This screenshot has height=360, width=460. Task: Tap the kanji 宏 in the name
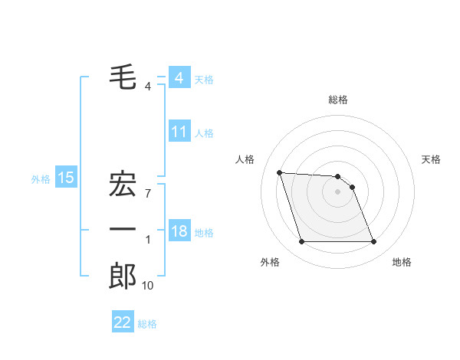(x=123, y=185)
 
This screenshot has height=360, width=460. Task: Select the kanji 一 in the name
(x=123, y=230)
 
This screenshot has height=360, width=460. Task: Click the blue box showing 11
(x=179, y=132)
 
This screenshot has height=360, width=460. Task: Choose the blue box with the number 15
(x=65, y=178)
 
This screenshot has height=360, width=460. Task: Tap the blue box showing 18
(x=179, y=231)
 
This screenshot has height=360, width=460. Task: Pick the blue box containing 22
(x=123, y=322)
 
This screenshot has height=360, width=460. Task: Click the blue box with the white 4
(x=179, y=78)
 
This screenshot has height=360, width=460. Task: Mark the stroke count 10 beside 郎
(x=147, y=286)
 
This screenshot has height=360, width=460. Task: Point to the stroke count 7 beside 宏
(x=147, y=193)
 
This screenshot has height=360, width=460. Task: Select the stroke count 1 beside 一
(x=147, y=240)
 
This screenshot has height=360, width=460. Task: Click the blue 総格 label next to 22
(x=147, y=323)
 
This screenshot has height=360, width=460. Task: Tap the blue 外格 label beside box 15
(x=41, y=179)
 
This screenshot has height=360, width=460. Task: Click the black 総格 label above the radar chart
(x=337, y=100)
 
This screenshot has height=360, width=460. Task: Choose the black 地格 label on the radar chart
(x=402, y=263)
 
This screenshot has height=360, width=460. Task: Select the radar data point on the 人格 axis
(x=279, y=172)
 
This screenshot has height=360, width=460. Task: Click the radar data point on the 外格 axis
(x=301, y=242)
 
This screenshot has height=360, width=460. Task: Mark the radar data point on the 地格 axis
(x=373, y=242)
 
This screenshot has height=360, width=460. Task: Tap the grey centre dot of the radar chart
(x=337, y=191)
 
